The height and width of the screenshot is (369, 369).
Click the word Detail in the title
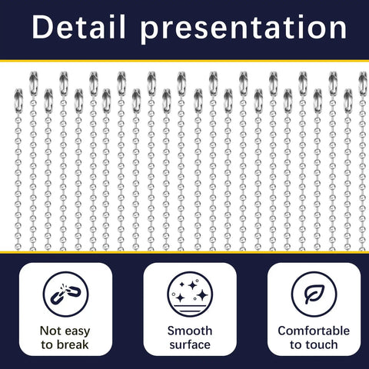79,27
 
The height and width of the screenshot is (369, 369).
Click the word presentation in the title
244,29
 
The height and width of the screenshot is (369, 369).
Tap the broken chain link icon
65,294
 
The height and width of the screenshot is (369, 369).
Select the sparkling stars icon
190,294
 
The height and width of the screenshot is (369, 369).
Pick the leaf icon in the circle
314,294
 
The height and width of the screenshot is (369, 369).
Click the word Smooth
190,331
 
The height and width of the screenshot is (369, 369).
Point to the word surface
190,344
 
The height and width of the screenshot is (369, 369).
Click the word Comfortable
314,331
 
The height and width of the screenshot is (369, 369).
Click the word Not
51,331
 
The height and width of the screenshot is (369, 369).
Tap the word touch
321,344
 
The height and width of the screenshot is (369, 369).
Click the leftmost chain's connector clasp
18,101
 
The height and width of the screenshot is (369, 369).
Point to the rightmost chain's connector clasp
363,84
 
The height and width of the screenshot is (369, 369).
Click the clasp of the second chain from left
33,84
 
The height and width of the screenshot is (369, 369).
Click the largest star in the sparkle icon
203,295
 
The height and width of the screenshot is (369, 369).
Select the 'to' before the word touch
296,345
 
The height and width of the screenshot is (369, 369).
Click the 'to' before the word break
47,345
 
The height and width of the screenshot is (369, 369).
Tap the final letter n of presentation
338,29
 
